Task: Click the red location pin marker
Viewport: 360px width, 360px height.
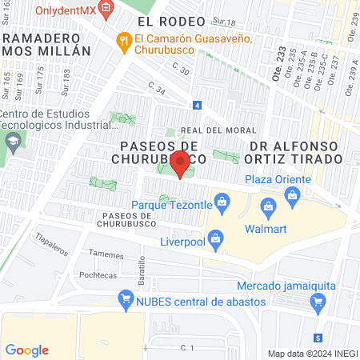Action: coord(180,165)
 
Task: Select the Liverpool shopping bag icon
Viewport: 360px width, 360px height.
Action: coord(214,238)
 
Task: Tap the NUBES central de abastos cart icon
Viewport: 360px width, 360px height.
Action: coord(125,300)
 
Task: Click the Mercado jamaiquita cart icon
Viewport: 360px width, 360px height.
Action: coord(318,302)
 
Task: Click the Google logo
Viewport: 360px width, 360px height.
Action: coord(27,350)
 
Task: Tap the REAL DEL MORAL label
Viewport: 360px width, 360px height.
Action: coord(218,130)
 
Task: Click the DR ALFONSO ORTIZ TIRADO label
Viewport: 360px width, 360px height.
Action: coord(296,153)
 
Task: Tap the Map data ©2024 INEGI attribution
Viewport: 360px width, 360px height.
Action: coord(312,354)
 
